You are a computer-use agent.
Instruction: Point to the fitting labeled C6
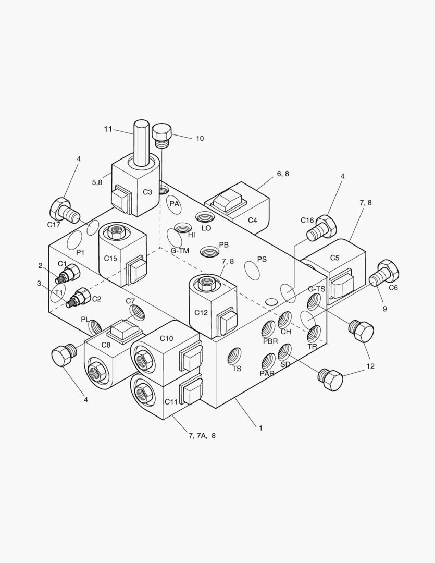coord(384,273)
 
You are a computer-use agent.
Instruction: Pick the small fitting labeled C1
coord(68,274)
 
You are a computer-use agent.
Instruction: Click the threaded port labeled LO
coord(204,217)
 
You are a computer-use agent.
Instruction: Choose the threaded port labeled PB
coord(209,252)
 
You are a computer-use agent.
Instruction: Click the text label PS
coord(262,259)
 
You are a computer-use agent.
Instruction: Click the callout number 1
coord(260,428)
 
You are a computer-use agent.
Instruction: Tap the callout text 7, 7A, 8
coord(202,435)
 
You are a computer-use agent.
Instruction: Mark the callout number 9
coord(384,309)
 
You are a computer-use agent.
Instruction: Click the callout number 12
coord(370,366)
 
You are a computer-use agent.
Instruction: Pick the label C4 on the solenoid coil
coord(252,220)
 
